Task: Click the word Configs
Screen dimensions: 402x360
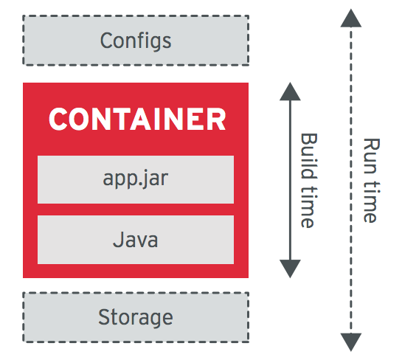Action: coord(136,41)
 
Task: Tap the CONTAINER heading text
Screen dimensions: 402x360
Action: coord(137,119)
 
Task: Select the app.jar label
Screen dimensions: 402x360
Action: coord(136,179)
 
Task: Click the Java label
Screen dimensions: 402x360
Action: coord(136,240)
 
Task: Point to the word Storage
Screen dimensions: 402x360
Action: coord(136,317)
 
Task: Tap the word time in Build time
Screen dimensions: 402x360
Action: coord(309,207)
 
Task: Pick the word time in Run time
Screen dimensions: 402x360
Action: coord(371,202)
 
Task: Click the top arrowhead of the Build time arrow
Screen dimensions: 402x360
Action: coord(290,91)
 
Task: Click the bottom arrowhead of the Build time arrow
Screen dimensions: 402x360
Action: coord(290,269)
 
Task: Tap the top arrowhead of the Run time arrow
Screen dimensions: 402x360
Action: coord(350,18)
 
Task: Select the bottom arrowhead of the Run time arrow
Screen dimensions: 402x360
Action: coord(350,342)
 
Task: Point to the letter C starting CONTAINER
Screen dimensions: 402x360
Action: coord(58,119)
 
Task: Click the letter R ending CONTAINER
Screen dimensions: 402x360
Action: coord(217,119)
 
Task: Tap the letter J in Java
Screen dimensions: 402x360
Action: coord(117,240)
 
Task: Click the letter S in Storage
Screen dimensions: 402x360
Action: coord(104,316)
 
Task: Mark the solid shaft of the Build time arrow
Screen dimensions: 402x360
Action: coord(290,180)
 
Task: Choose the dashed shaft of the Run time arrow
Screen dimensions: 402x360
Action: coord(350,180)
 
